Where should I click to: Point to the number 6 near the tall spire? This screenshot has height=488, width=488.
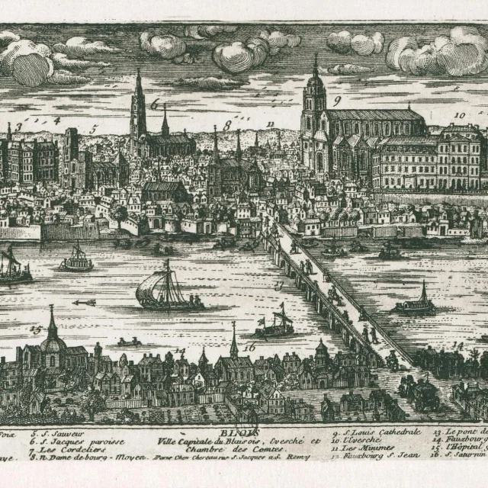tap(155, 104)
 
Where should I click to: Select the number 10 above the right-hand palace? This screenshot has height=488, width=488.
tap(459, 116)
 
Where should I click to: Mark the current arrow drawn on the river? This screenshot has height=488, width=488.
tap(84, 303)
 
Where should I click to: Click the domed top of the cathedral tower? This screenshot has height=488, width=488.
tap(314, 82)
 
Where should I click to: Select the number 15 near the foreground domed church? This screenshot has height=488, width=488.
tap(36, 329)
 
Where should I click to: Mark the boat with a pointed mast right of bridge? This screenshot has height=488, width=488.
tap(416, 303)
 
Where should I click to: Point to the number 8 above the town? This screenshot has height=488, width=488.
tap(227, 125)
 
